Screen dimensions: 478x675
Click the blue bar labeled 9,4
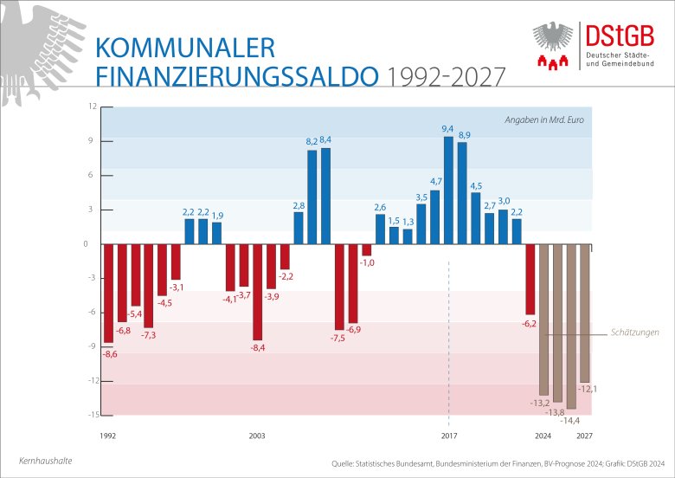tap(448, 191)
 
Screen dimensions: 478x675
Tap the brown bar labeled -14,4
tap(571, 326)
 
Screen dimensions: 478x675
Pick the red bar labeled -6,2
tap(530, 279)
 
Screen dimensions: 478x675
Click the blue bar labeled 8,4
tap(325, 196)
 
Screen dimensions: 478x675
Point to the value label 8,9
tap(464, 135)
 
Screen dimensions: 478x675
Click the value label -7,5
tap(337, 338)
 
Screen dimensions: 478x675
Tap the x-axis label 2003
tap(257, 436)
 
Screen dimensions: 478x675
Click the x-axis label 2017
tap(448, 436)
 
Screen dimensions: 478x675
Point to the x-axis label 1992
tap(108, 436)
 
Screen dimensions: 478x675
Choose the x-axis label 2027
tap(585, 436)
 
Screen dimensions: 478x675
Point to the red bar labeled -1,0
tap(366, 249)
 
